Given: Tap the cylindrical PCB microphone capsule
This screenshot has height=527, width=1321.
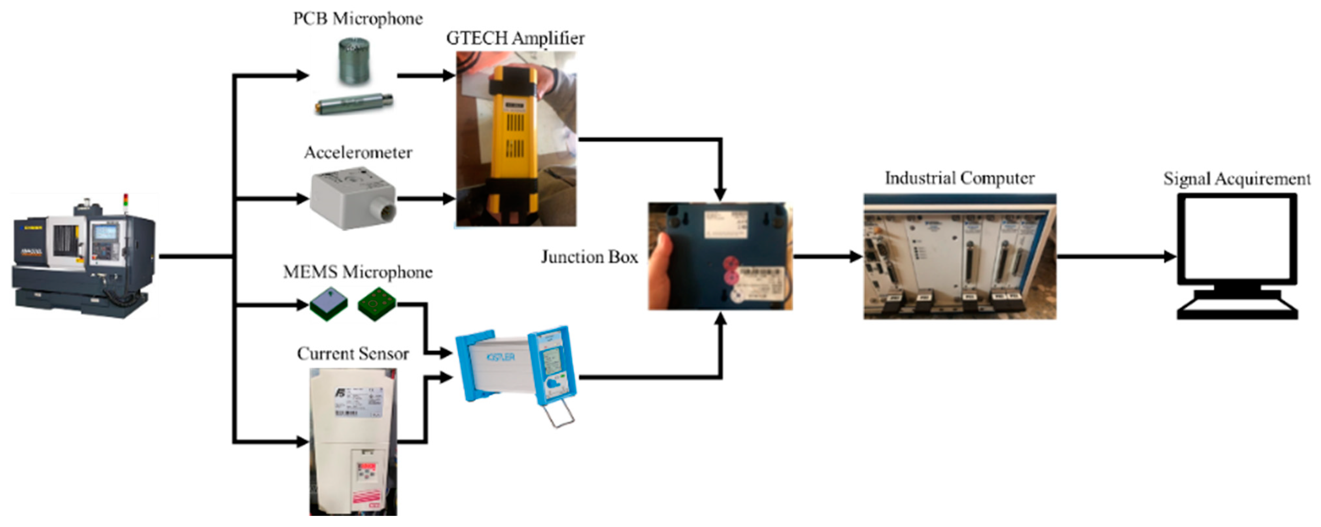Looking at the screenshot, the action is [x=354, y=61].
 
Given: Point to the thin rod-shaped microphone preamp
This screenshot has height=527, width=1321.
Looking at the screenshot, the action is [x=353, y=104].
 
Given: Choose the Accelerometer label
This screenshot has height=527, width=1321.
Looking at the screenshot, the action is [x=358, y=152].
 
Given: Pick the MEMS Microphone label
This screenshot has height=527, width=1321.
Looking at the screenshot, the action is [x=357, y=272].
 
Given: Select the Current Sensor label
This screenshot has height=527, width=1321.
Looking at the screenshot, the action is [x=353, y=354].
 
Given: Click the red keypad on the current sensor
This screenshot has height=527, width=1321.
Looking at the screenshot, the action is [x=367, y=470].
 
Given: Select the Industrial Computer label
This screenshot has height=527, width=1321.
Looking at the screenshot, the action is [x=959, y=178].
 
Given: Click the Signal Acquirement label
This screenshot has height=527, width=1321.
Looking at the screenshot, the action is [x=1236, y=179].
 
